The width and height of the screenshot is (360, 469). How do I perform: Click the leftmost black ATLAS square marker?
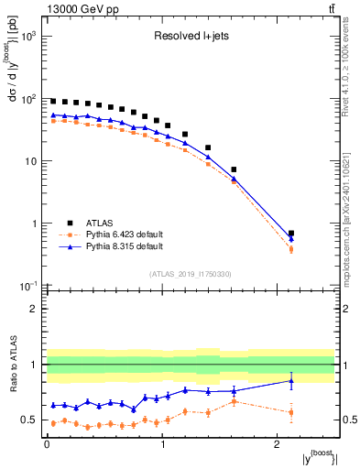tap(53, 101)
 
